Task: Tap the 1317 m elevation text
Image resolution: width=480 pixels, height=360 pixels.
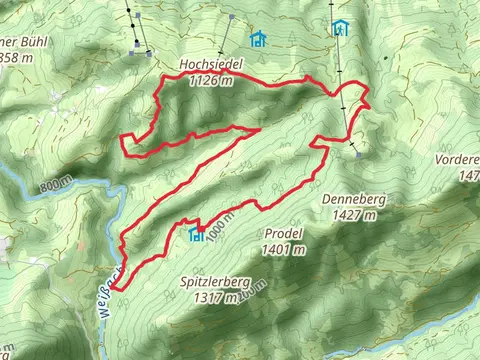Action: (x=216, y=297)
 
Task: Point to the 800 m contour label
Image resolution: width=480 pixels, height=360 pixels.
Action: (x=58, y=187)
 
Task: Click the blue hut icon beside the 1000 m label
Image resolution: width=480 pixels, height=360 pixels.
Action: (x=196, y=234)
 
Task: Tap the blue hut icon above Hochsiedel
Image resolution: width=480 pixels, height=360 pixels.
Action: (x=259, y=39)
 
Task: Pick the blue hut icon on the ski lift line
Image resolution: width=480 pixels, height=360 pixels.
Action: (x=341, y=28)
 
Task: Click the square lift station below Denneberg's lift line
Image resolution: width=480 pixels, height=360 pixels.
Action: (x=357, y=155)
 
